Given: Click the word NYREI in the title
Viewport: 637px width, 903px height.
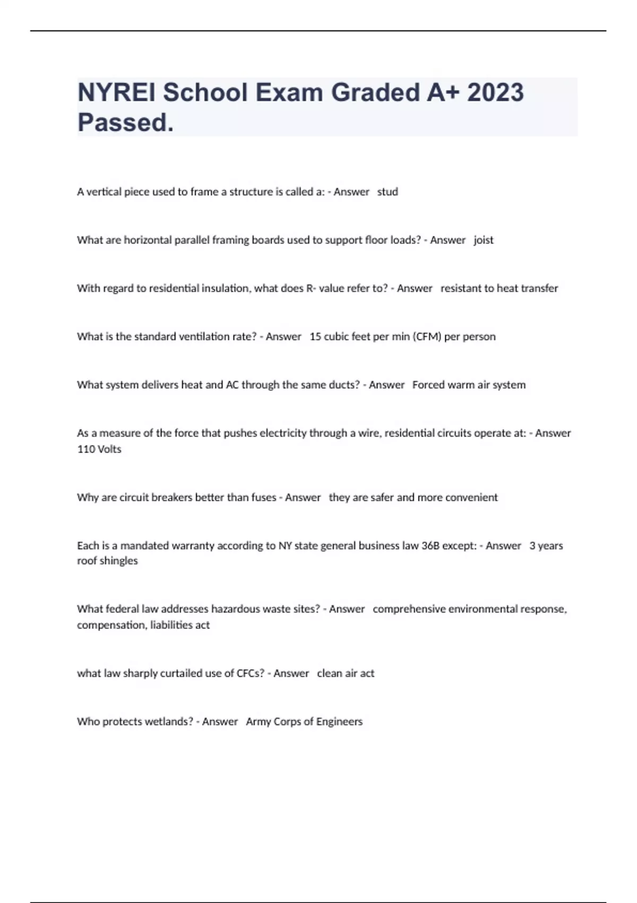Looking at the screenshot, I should pos(117,92).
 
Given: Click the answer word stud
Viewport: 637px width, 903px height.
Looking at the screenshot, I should pos(388,192).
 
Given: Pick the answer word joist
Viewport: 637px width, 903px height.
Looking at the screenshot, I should pos(484,240).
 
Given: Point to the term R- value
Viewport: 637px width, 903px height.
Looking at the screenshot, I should pos(325,288).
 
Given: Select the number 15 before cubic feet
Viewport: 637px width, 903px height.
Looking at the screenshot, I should pos(315,337).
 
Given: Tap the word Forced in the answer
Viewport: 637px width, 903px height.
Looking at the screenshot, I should pos(428,385).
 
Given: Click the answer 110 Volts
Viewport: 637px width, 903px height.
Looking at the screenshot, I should pos(99,449).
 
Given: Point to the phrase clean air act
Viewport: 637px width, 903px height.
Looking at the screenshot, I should pos(346,674).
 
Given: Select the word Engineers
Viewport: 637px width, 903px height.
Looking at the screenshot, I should pos(339,722).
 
